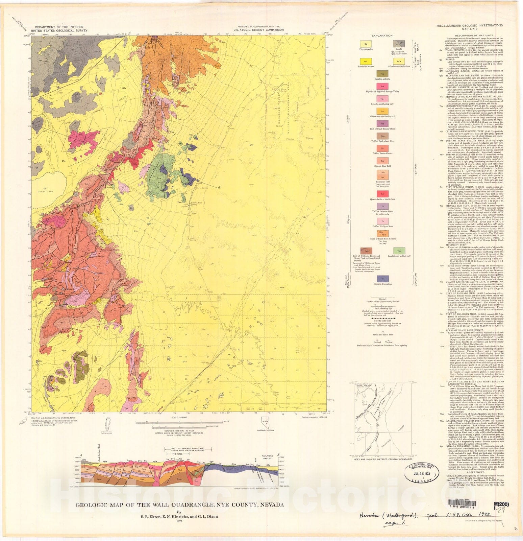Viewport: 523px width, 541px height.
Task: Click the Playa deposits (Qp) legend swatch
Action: [366, 44]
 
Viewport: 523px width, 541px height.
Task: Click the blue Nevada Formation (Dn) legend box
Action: [382, 279]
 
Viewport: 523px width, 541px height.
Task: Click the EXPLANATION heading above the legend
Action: [382, 36]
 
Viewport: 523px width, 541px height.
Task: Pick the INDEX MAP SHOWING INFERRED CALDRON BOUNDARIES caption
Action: [382, 459]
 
